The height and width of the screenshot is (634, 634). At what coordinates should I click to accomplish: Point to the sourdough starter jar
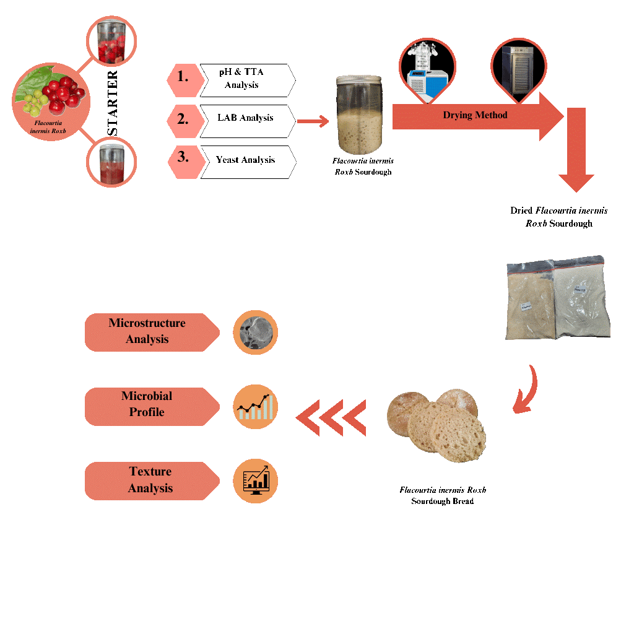pyautogui.click(x=359, y=115)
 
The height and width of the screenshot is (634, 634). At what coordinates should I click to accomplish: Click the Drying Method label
pyautogui.click(x=475, y=115)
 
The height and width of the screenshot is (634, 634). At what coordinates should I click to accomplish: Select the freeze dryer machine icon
pyautogui.click(x=427, y=69)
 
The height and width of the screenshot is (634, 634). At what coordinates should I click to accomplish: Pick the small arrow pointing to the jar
pyautogui.click(x=313, y=121)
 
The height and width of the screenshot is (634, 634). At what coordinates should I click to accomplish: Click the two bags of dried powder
pyautogui.click(x=557, y=298)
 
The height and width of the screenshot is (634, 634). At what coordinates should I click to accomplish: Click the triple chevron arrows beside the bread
pyautogui.click(x=331, y=417)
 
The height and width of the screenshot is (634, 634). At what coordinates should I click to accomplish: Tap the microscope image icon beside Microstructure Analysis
pyautogui.click(x=255, y=332)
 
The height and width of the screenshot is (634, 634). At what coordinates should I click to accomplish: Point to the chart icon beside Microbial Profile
pyautogui.click(x=255, y=407)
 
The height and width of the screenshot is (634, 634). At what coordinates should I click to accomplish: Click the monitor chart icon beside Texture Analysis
pyautogui.click(x=255, y=480)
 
